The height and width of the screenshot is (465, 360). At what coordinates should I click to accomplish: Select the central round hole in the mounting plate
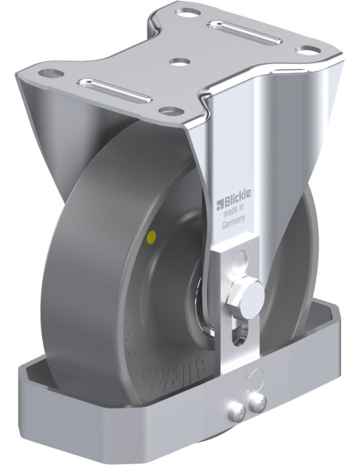coord(179,59)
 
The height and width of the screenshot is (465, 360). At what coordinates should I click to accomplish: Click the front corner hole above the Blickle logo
coord(166,111)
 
